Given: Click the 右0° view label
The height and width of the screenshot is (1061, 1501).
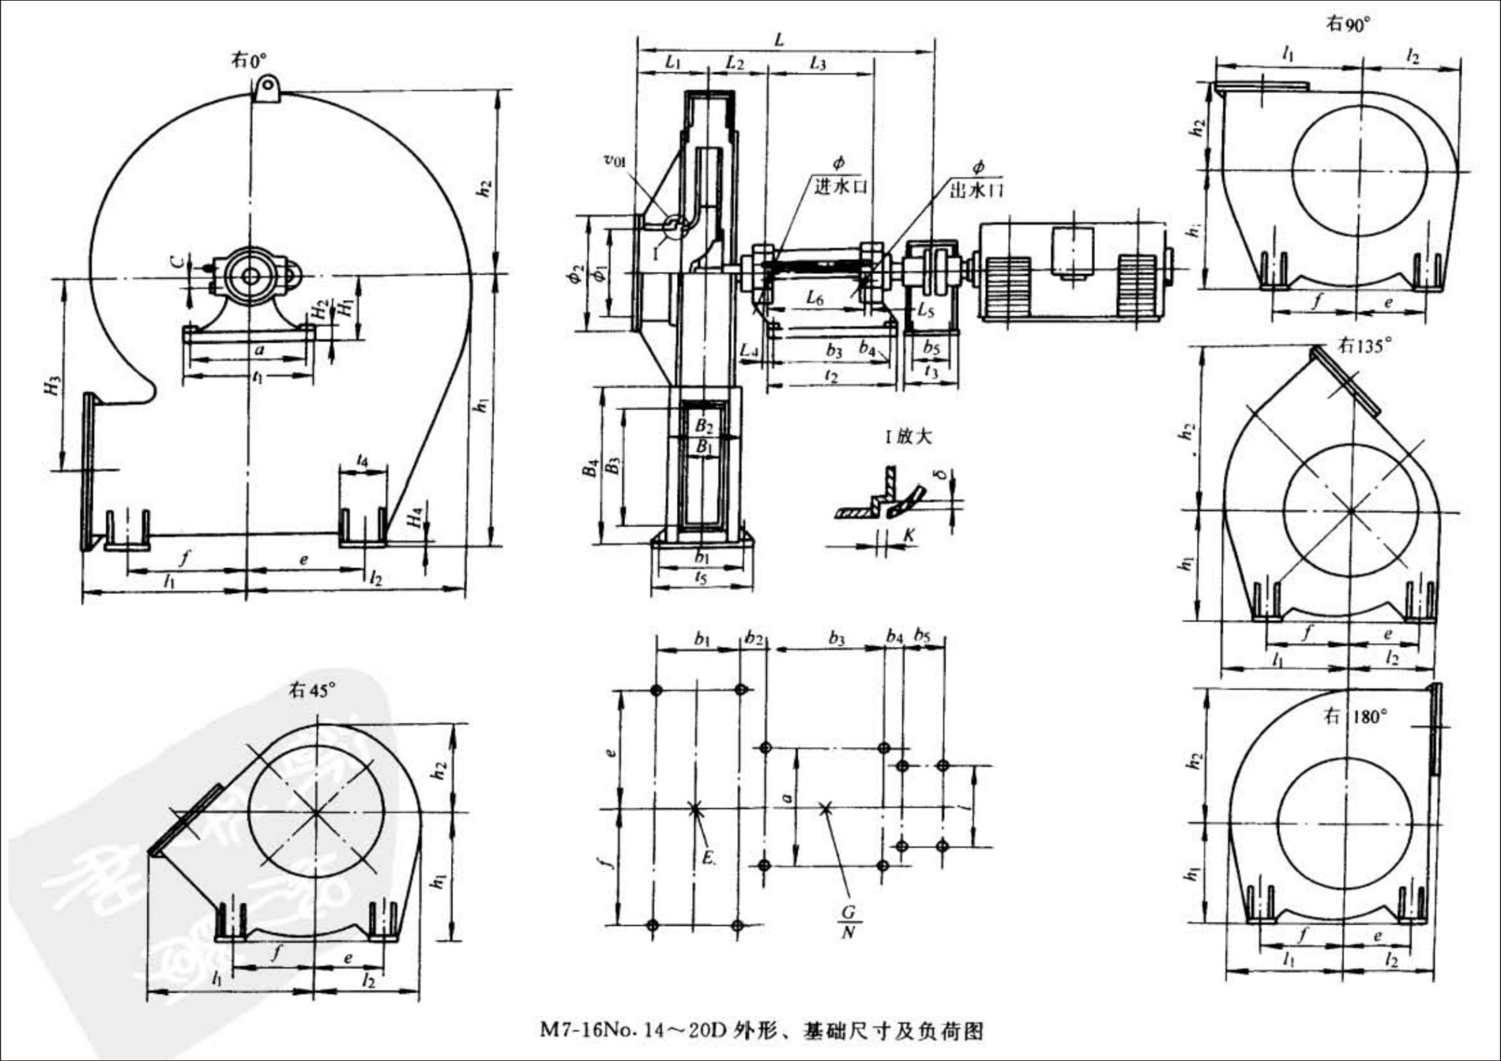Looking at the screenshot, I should coord(248,60).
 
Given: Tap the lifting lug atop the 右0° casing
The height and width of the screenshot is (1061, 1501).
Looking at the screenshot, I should coord(267,87).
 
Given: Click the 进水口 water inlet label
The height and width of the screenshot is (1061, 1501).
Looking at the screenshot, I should coord(841,186).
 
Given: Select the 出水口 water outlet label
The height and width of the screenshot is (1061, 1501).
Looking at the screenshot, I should coord(976,190).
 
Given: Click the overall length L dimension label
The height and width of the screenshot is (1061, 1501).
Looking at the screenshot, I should coord(779,40).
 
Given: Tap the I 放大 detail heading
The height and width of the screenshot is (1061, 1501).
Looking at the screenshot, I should coord(908,437).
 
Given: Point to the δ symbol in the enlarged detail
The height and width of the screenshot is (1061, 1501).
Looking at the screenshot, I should coord(940,474).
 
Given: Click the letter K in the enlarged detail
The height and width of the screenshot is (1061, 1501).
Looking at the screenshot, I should coord(909,536).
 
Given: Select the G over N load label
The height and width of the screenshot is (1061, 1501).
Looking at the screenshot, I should coord(848,922).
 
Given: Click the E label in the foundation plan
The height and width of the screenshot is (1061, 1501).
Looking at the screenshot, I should coord(709,857).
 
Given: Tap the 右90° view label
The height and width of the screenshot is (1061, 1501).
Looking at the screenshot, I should coord(1348,24).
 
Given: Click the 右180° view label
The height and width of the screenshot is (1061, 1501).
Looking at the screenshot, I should coord(1356,717).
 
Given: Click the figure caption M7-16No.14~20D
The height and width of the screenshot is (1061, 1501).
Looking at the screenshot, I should coord(762,1030).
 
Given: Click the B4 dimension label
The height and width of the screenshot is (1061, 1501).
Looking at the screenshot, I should coord(590,468).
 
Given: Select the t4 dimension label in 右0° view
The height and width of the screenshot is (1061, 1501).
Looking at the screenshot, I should coord(362,459).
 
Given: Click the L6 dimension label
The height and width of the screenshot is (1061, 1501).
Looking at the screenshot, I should coord(814,298).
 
